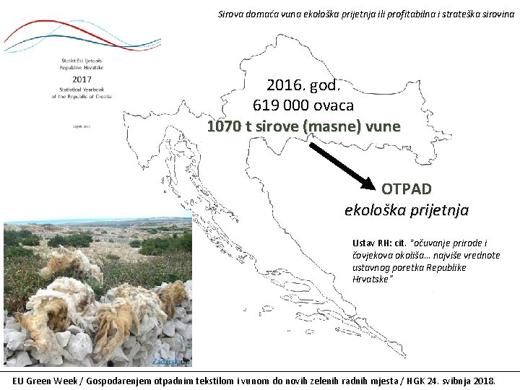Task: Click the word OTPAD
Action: [407, 189]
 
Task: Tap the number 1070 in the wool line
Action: [222, 126]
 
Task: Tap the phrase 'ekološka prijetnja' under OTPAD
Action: [407, 210]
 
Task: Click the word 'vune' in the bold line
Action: [382, 126]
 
